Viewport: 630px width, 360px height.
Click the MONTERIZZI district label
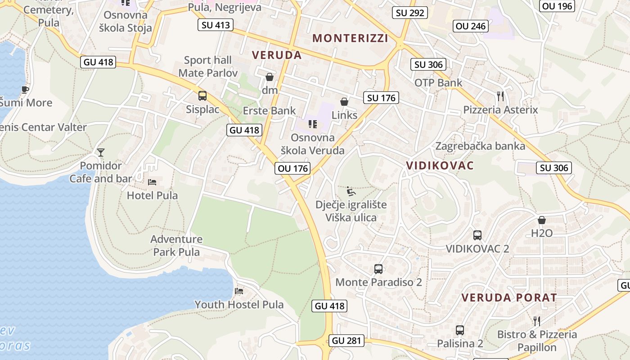(x=350, y=38)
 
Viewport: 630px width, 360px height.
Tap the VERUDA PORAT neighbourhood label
(x=509, y=297)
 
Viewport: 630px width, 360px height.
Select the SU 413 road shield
(x=216, y=25)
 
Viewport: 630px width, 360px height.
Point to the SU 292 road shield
(x=409, y=13)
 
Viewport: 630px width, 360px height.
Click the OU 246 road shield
(x=471, y=26)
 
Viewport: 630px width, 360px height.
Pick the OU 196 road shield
(x=557, y=6)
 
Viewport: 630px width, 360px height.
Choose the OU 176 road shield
(x=292, y=168)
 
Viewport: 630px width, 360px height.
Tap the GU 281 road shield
(x=346, y=341)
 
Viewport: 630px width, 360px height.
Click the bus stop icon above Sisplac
(x=202, y=95)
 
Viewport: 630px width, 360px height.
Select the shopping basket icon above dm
(x=270, y=77)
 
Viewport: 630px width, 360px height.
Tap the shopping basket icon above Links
(x=344, y=102)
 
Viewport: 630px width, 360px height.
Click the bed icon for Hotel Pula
(x=153, y=182)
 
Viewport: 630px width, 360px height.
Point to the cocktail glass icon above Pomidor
(x=101, y=153)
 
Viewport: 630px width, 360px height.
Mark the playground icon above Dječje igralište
(x=351, y=192)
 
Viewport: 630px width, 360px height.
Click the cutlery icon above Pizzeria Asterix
(x=500, y=96)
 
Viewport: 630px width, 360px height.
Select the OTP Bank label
(x=438, y=83)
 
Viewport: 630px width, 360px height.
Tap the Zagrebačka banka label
(x=480, y=146)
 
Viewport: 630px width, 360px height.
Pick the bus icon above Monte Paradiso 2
(x=378, y=269)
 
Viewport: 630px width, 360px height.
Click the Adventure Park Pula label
(x=176, y=245)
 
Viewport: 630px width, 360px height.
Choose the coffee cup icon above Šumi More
(x=25, y=90)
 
